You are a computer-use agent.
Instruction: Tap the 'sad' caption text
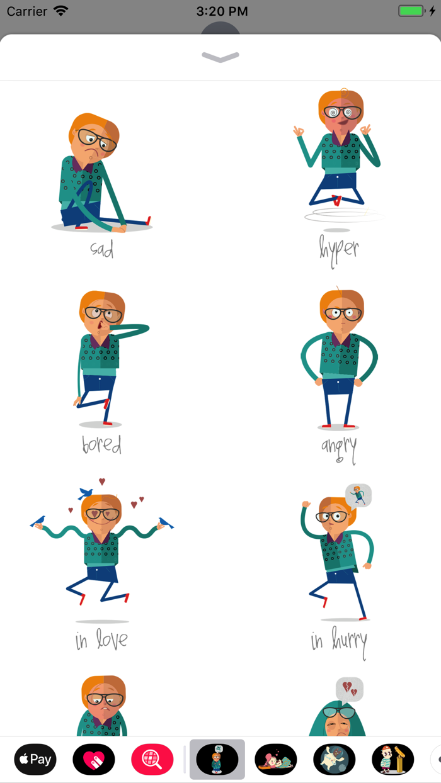101,249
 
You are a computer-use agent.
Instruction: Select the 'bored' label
101,445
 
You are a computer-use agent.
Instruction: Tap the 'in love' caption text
101,640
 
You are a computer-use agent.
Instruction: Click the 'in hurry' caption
339,641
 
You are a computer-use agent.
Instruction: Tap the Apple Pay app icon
35,759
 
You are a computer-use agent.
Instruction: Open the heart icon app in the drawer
94,759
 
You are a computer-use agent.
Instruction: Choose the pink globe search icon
152,759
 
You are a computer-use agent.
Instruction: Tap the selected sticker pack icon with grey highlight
217,759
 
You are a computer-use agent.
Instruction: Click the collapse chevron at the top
220,57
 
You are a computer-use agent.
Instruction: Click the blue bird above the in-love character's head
86,493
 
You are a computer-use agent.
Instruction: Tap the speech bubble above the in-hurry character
358,495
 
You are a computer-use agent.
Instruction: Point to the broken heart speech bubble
350,689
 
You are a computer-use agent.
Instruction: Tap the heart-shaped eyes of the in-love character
102,514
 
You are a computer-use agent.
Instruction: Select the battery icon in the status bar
411,11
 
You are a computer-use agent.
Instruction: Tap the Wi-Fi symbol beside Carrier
61,11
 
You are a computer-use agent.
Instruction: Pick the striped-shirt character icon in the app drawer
392,759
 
